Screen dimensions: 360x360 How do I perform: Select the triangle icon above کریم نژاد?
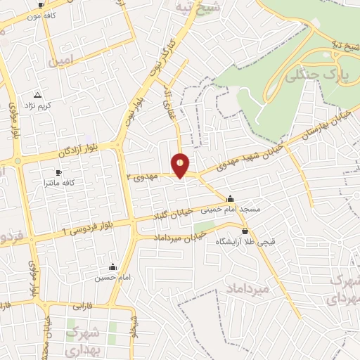click(37, 94)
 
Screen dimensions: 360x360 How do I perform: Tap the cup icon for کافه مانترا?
click(58, 172)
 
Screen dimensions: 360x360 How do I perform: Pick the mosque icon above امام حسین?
click(112, 267)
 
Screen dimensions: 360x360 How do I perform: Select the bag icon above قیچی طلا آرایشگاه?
click(245, 231)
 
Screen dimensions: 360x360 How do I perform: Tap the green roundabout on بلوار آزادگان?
click(18, 161)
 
